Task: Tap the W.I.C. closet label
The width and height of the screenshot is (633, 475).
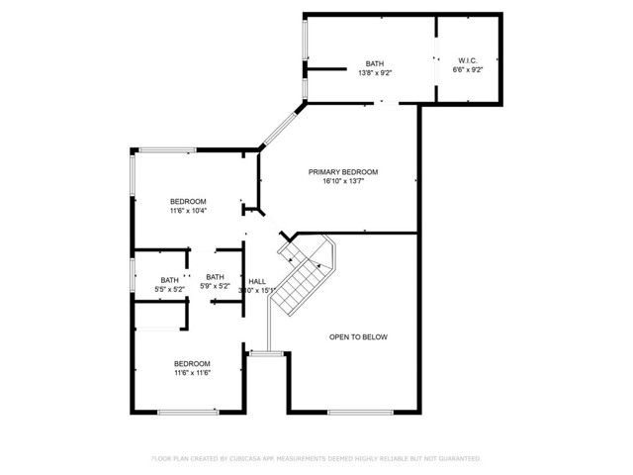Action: tap(468, 60)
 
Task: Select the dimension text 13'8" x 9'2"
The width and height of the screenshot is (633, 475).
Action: tap(375, 71)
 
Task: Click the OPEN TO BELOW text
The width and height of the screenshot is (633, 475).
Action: tap(358, 337)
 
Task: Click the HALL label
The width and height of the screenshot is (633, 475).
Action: tap(257, 280)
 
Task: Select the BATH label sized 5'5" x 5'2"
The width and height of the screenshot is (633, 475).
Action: tap(170, 278)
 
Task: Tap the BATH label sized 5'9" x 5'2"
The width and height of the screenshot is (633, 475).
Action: tap(216, 277)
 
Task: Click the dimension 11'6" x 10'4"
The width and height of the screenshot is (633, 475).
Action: tap(188, 211)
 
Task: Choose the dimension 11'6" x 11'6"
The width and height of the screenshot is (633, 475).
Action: tap(193, 373)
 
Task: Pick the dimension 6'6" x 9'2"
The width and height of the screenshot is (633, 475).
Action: tap(468, 70)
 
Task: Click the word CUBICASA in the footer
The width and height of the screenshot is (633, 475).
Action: tap(248, 459)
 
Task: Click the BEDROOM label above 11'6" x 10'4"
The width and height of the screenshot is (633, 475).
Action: tap(188, 201)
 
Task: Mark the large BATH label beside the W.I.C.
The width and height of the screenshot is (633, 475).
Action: tap(374, 61)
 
